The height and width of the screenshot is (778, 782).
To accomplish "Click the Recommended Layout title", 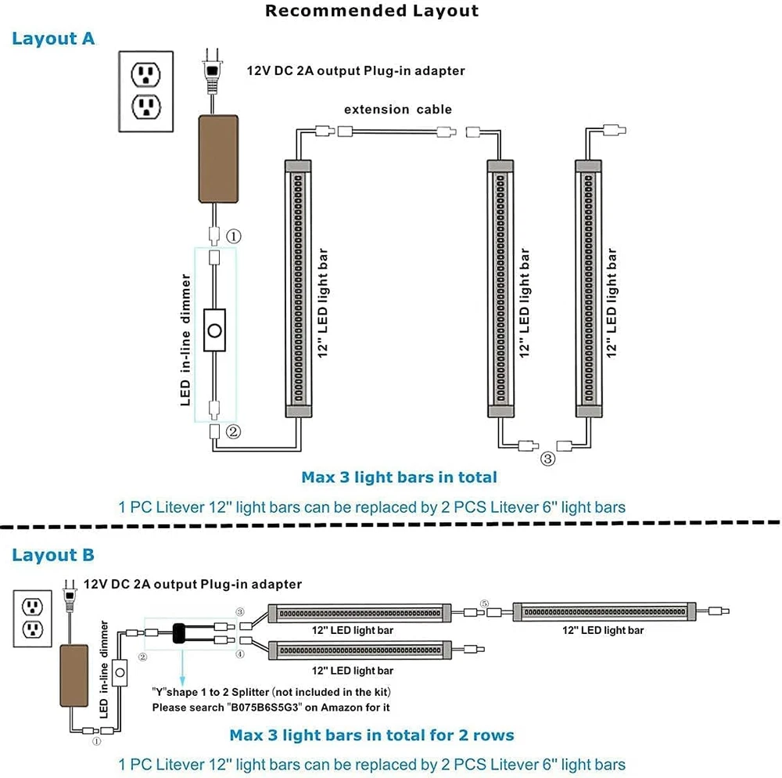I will pos(371,11).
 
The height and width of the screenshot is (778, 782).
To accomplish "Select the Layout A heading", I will pos(53,39).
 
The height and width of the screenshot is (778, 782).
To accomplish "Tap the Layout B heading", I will pos(53,556).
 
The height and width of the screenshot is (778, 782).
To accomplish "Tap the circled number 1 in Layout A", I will pos(233,236).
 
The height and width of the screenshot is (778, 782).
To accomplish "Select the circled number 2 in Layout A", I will pos(233,430).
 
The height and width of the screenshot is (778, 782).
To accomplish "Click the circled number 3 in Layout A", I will pos(547,459).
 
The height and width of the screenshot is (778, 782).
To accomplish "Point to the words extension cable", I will pos(397,110).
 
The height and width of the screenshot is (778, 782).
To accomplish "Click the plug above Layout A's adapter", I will pos(211,70).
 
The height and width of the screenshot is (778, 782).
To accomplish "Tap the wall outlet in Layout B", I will pos(32,618).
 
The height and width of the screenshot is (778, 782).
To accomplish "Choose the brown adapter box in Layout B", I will pos(77,672).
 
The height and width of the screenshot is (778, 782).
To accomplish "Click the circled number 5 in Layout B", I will pos(485,603).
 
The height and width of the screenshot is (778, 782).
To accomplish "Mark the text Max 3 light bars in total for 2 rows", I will pos(371,736).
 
